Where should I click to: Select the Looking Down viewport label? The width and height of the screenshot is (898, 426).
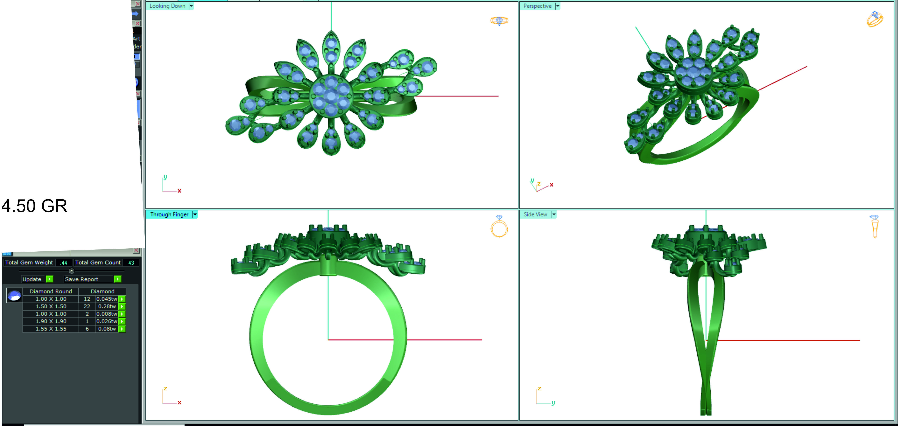tap(167, 6)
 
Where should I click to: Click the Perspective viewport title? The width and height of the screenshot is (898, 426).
tap(537, 6)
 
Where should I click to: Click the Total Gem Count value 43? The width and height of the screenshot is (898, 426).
tap(131, 263)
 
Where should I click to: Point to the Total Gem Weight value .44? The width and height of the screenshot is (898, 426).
tap(63, 263)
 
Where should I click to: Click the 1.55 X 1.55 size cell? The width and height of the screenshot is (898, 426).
tap(51, 329)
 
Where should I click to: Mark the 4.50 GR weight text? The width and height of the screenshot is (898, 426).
tap(34, 206)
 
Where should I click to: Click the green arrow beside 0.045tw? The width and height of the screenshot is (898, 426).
tap(122, 299)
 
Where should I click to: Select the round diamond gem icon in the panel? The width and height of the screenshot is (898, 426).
tap(14, 296)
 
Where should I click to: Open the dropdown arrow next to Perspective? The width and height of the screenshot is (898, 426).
tap(557, 6)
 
